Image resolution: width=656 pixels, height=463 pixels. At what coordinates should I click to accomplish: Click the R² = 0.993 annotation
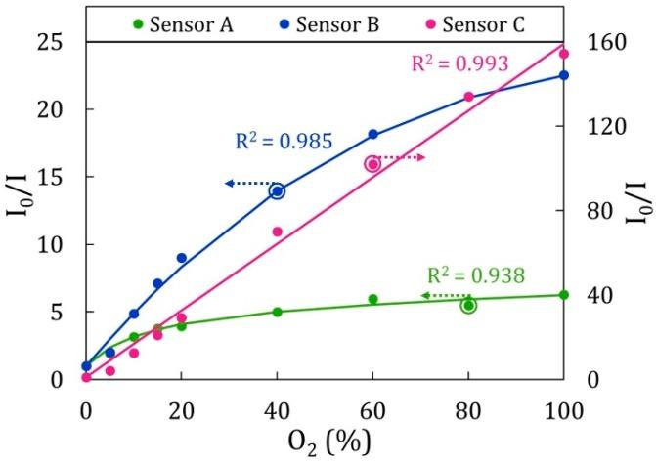[x=459, y=64]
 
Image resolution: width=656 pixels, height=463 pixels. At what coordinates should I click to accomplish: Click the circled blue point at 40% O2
[x=277, y=191]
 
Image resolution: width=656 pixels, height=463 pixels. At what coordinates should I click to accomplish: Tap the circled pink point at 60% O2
[x=372, y=164]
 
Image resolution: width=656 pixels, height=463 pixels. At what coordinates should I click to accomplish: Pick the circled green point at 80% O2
[x=468, y=306]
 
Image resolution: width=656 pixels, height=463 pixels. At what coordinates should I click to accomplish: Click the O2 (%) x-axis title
[x=325, y=442]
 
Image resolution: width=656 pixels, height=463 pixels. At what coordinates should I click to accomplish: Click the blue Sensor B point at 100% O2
[x=564, y=75]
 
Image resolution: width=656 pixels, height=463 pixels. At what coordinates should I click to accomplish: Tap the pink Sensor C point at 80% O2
[x=468, y=97]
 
